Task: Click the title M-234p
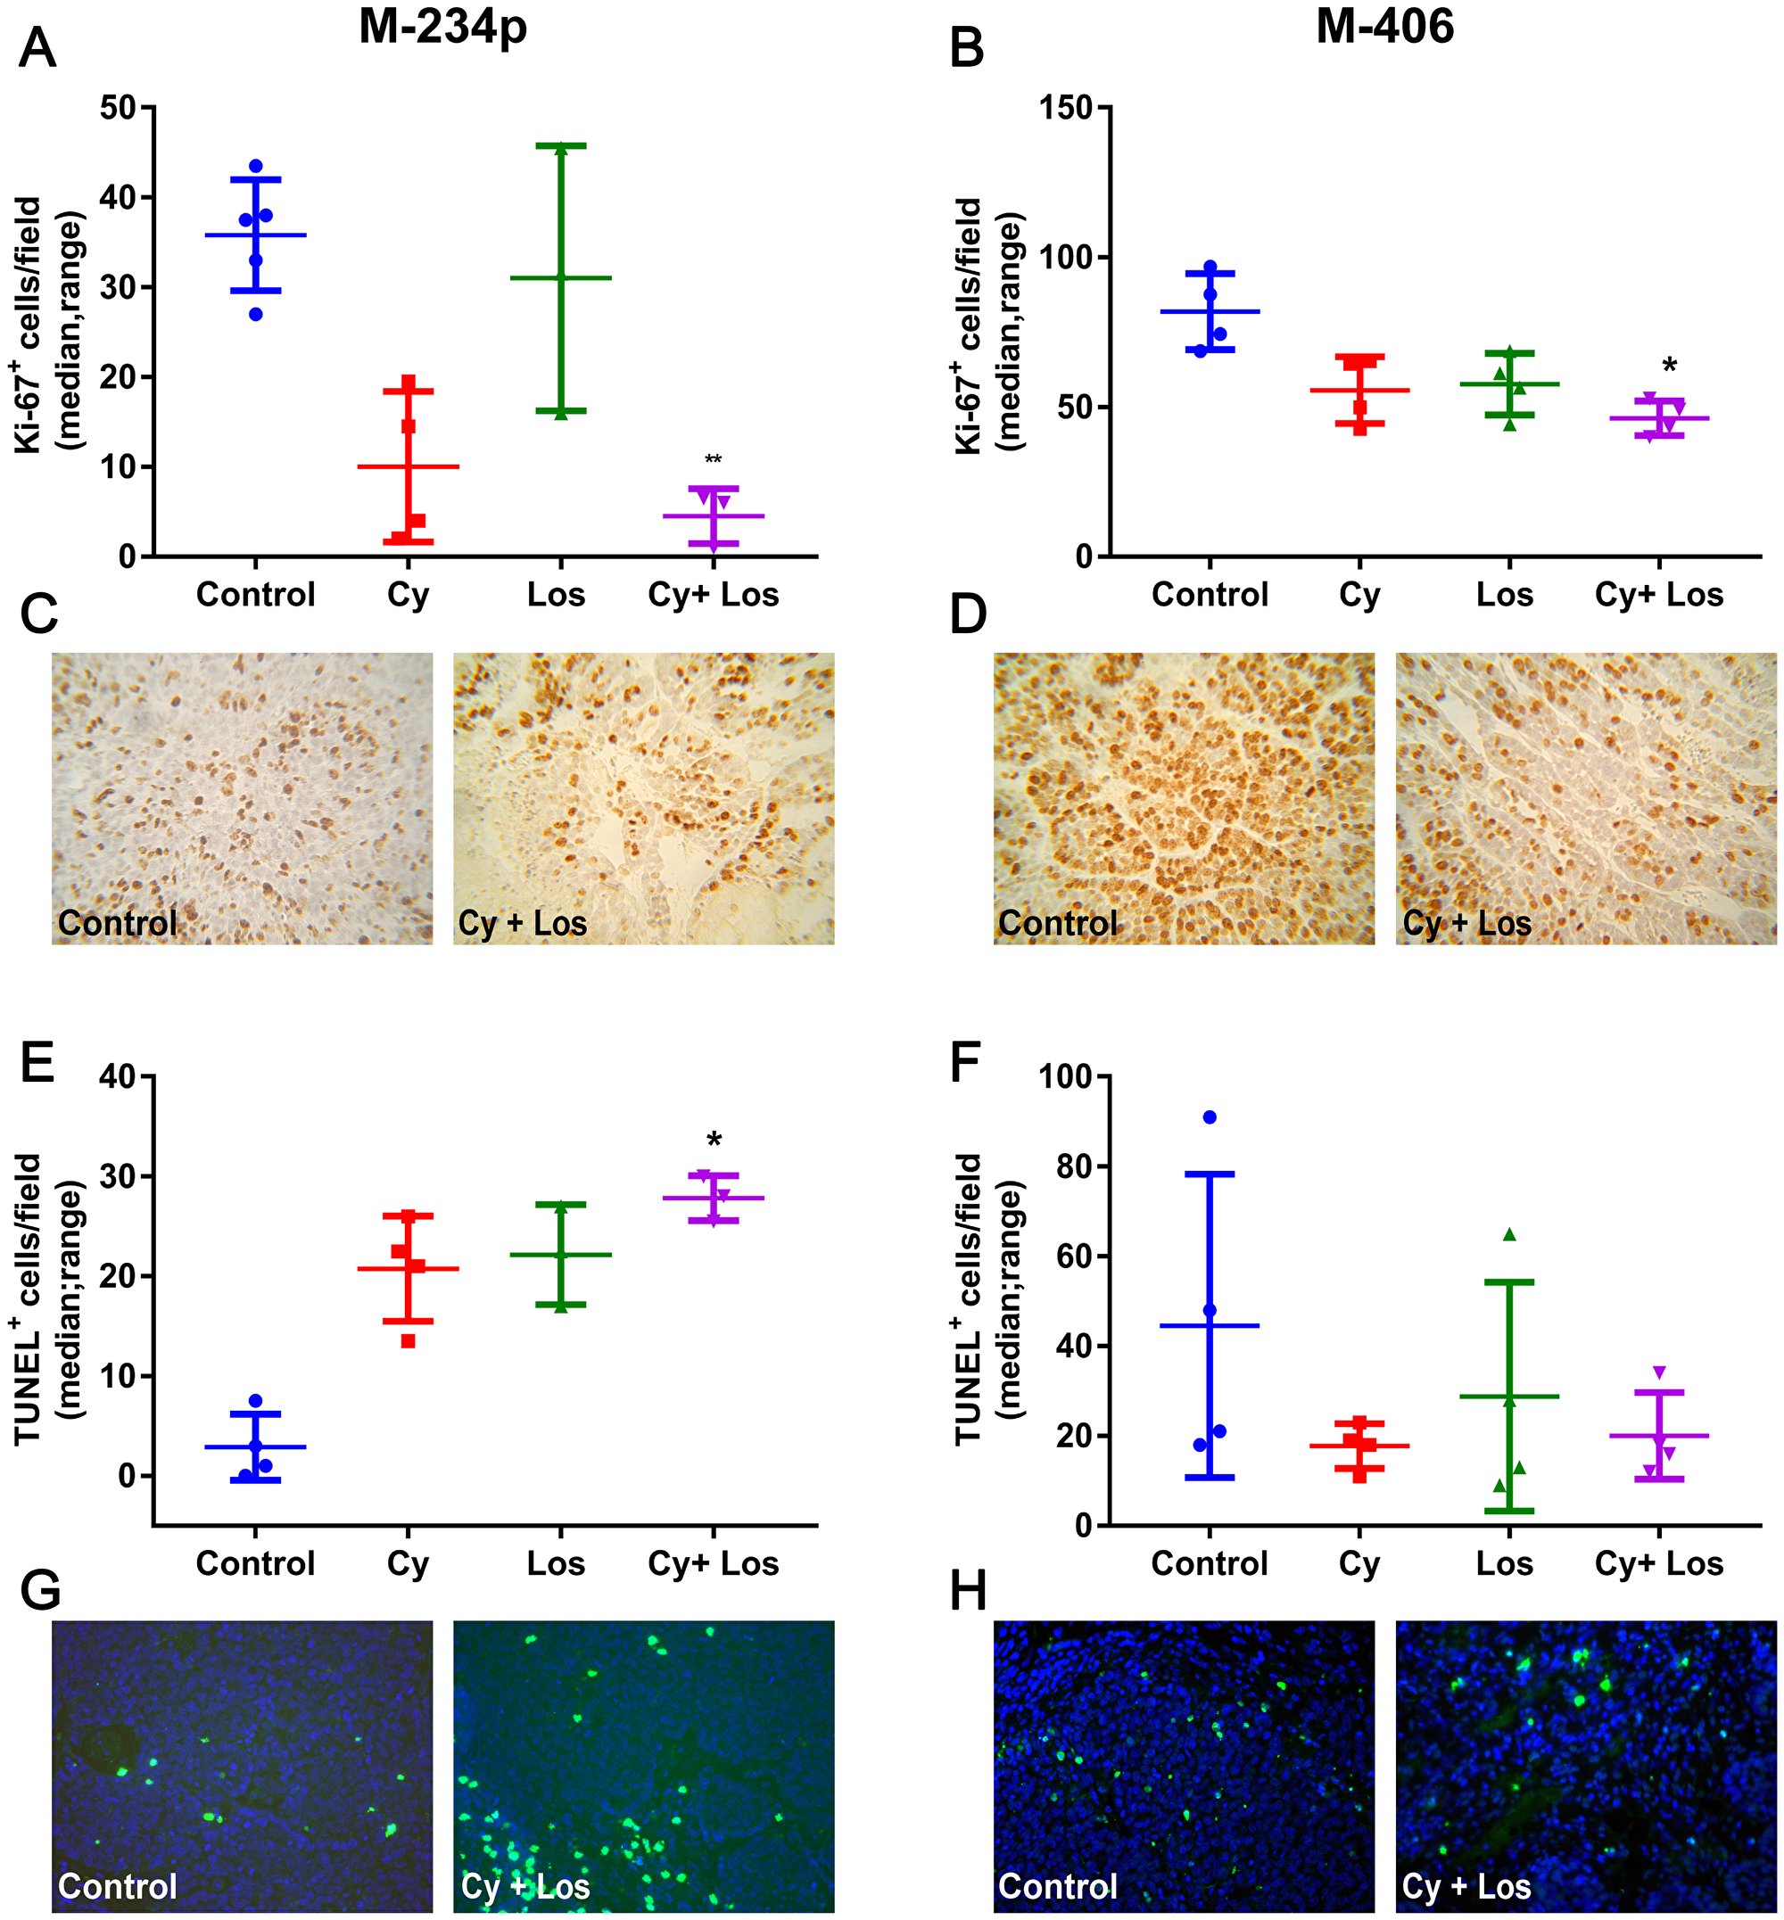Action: coord(443,27)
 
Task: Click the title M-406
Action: coord(1384,26)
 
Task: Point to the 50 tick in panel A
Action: coord(117,107)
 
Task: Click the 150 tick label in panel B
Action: coord(1066,107)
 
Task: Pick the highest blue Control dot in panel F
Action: coord(1210,1117)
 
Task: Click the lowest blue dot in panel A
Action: coord(256,314)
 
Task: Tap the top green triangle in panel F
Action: coord(1510,1234)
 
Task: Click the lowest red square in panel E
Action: coord(409,1341)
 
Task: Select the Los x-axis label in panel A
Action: coord(556,595)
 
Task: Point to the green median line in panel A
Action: coord(561,278)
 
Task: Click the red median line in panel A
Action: coord(409,466)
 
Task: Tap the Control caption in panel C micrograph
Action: coord(118,923)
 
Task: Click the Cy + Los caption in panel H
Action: coord(1466,1885)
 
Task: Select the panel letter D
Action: coord(968,614)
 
